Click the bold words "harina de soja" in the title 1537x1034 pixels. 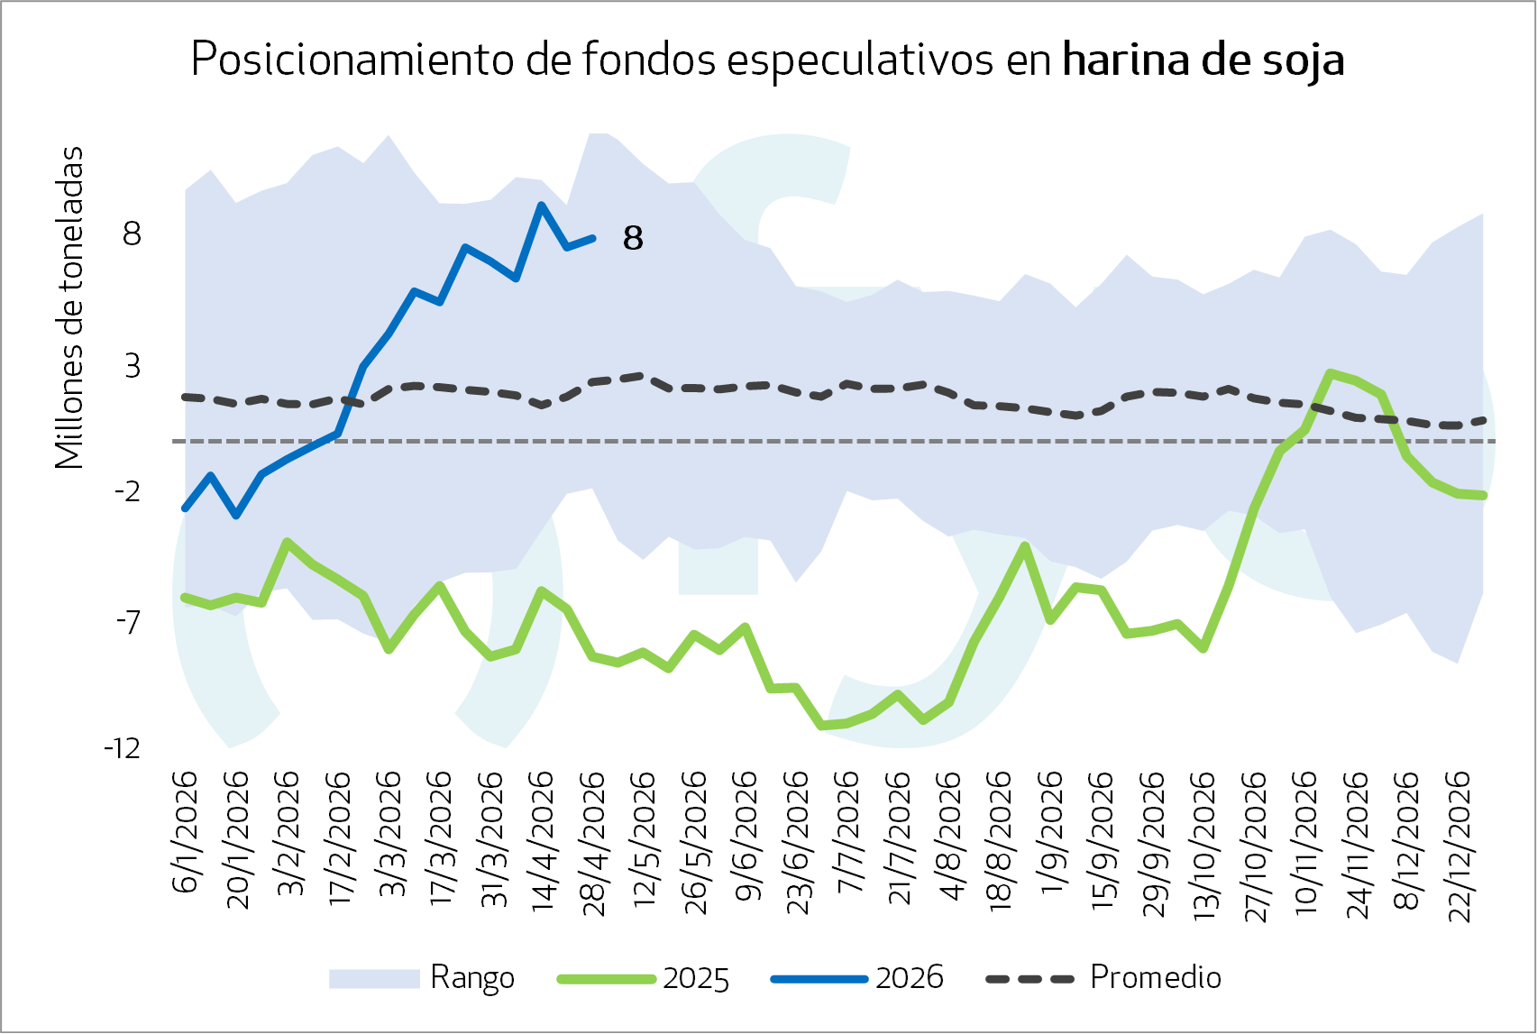1203,60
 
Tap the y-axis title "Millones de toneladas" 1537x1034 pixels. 69,307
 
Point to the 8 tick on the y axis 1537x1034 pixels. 132,234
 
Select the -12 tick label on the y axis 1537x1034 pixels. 122,748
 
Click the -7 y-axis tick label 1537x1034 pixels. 128,622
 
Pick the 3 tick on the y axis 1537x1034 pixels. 133,366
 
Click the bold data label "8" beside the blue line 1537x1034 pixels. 633,238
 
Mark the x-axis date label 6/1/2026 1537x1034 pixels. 185,832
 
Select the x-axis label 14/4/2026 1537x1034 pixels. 542,841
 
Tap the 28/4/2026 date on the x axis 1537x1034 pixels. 593,844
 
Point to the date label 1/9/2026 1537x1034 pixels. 1052,832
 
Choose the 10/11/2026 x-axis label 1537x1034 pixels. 1305,843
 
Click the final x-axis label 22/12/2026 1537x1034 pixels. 1459,846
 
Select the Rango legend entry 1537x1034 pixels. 421,978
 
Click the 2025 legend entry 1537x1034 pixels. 643,978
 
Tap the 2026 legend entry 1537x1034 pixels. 857,978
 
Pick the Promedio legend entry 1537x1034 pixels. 1103,977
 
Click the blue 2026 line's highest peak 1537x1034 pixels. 542,206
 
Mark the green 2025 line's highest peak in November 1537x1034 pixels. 1331,373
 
